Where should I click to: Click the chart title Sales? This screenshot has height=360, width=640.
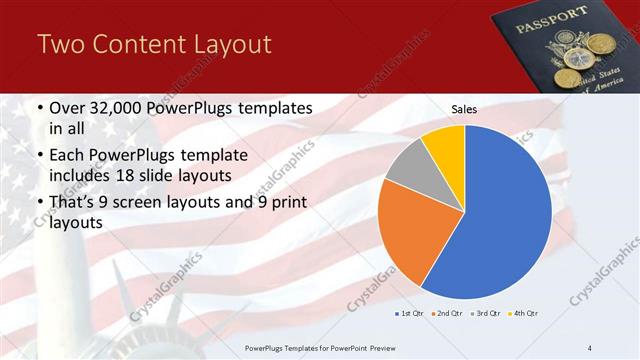point(463,109)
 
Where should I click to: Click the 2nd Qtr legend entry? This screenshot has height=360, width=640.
point(446,313)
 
